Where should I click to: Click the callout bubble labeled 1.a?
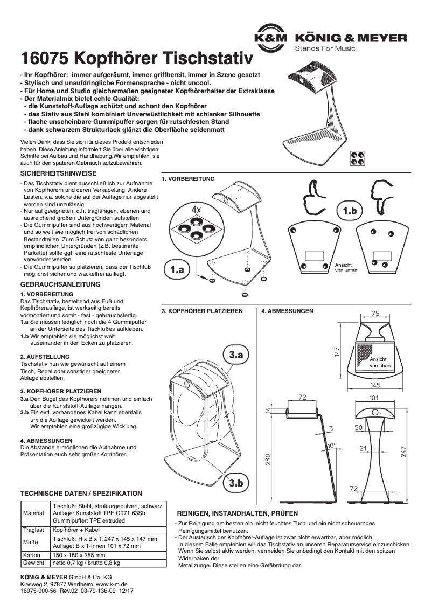coord(177,270)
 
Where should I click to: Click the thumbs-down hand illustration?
coord(380,197)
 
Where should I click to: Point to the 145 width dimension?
coord(375,385)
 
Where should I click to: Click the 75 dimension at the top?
coord(375,313)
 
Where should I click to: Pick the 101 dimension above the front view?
coord(374,398)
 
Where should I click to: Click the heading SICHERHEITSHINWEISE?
coord(58,173)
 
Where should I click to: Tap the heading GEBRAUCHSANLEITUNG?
coord(60,284)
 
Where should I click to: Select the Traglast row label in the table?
coord(33,530)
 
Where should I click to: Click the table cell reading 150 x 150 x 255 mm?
coord(79,554)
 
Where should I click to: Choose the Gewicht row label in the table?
coord(33,563)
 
